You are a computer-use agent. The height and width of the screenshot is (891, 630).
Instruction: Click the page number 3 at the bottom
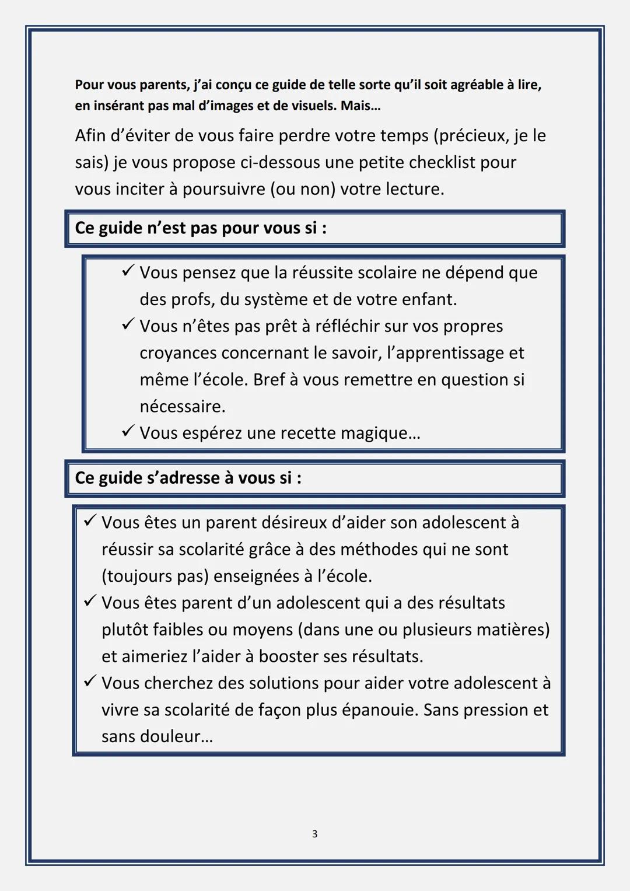(314, 834)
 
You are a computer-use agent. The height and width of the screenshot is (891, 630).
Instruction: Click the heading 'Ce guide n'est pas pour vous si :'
(201, 228)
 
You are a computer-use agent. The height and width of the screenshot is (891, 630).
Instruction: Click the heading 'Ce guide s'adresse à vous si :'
(188, 478)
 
